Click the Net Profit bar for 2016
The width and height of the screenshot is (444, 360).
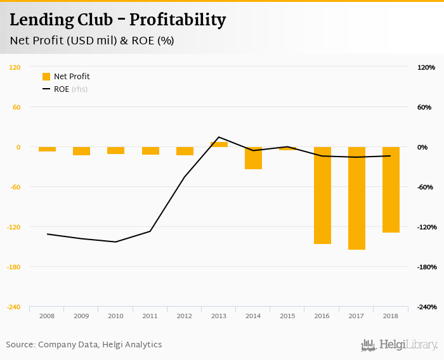click(x=322, y=195)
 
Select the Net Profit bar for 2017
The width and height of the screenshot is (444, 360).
click(x=356, y=198)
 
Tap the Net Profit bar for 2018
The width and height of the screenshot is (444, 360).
click(x=391, y=190)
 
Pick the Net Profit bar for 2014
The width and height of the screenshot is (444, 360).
click(x=253, y=158)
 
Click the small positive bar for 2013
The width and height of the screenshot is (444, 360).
click(x=219, y=145)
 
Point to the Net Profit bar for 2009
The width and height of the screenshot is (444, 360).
click(x=81, y=151)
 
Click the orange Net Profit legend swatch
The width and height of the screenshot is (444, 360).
click(x=46, y=77)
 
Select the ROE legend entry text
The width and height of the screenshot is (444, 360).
click(x=62, y=89)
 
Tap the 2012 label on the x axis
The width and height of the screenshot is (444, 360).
click(x=185, y=316)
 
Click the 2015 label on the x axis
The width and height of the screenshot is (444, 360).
click(x=287, y=316)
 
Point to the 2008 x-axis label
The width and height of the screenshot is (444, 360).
click(x=47, y=316)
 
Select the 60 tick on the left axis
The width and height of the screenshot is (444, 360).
click(x=16, y=107)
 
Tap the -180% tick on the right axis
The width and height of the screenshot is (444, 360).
click(x=427, y=267)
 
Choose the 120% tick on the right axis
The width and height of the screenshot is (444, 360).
click(x=426, y=67)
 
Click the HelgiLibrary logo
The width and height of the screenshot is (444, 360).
click(x=399, y=345)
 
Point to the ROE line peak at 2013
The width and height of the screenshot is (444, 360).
click(x=219, y=137)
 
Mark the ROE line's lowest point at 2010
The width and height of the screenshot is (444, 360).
click(x=115, y=242)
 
